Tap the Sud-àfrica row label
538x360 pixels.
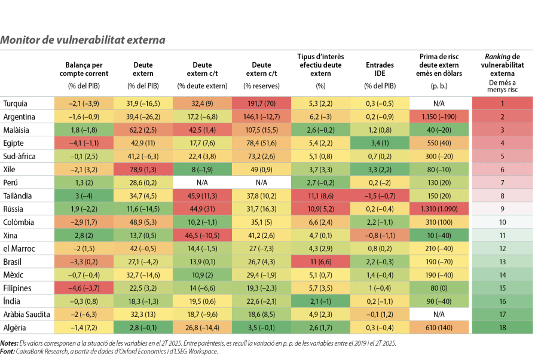coord(19,156)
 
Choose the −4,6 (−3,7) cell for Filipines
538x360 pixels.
coord(84,288)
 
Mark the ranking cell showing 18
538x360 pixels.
coord(502,328)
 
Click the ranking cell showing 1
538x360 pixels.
coord(502,103)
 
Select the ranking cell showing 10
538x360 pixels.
coord(502,222)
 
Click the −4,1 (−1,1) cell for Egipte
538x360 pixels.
coord(84,143)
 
